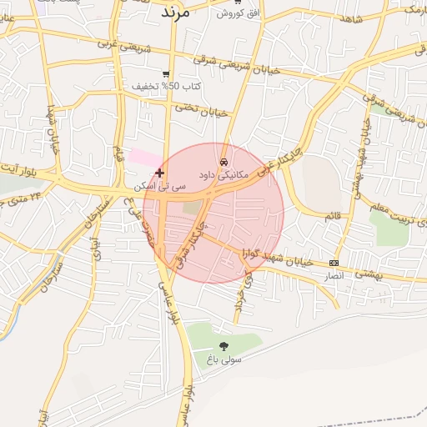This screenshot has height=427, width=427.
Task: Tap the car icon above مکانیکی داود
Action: pos(224,161)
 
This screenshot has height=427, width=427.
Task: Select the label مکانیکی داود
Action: pos(224,176)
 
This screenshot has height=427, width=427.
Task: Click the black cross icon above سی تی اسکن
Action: pos(160,173)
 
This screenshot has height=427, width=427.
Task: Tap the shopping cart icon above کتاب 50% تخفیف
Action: pos(167,73)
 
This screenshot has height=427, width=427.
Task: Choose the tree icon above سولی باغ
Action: pos(224,345)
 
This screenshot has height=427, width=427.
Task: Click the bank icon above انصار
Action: pos(334,262)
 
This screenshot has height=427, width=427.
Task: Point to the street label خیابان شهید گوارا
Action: pos(278,258)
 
